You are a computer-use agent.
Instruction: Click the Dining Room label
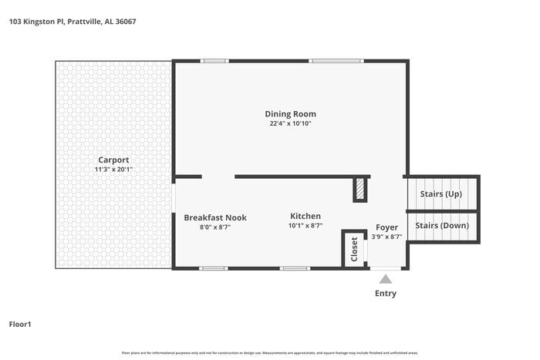[x=291, y=114]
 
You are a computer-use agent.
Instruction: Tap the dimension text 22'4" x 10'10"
[x=291, y=123]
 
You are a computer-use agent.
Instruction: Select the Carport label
[x=113, y=160]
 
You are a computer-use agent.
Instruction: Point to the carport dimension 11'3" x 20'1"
[x=113, y=169]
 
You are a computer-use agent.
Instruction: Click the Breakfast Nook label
[x=215, y=217]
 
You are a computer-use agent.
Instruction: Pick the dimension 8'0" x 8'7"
[x=215, y=227]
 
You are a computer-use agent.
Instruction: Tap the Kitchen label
[x=305, y=216]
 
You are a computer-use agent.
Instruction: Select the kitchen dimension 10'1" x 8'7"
[x=305, y=226]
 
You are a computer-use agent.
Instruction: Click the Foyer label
[x=386, y=227]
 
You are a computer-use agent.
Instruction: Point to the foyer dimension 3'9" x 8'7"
[x=386, y=237]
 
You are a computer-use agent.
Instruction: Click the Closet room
[x=354, y=249]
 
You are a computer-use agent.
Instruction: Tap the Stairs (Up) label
[x=440, y=193]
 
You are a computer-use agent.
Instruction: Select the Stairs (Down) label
[x=442, y=225]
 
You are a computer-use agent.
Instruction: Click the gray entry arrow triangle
[x=385, y=278]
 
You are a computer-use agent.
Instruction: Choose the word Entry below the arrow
[x=385, y=293]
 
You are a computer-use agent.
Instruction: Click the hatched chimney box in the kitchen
[x=360, y=190]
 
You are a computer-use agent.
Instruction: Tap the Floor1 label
[x=20, y=324]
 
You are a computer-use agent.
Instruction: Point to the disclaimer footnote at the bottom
[x=269, y=352]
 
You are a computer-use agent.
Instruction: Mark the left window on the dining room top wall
[x=214, y=61]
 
